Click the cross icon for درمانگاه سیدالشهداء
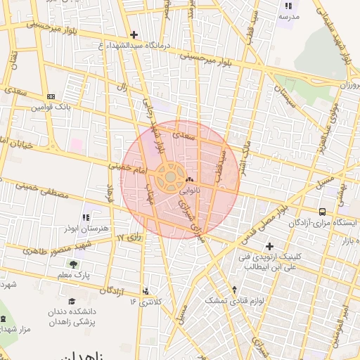point(134,34)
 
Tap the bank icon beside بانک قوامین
point(51,96)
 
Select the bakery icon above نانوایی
point(190,179)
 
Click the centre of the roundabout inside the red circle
point(169,178)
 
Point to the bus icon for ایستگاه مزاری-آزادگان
point(322,212)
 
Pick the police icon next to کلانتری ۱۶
point(146,290)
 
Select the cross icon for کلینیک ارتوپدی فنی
point(269,245)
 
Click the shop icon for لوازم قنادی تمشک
point(234,289)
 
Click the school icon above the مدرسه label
point(288,6)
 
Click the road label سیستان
point(285,94)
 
